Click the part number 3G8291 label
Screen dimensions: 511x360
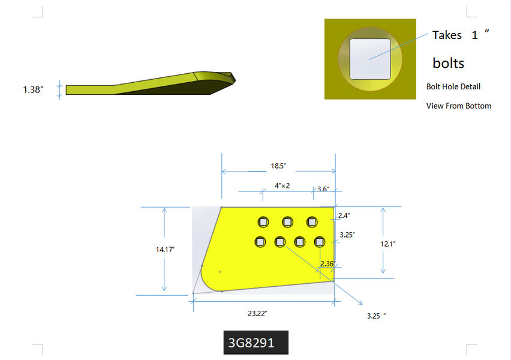(x=251, y=343)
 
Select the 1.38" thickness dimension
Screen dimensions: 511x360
(x=33, y=89)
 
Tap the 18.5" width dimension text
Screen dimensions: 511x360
(x=278, y=166)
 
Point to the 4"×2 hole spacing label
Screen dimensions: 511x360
(x=282, y=185)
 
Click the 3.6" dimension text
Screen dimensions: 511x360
(x=323, y=189)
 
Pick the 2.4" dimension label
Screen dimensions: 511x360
(x=344, y=215)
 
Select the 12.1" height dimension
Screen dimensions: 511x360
(x=388, y=244)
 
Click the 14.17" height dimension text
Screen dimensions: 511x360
(x=165, y=250)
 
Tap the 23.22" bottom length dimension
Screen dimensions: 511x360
(x=257, y=313)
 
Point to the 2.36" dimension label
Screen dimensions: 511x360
(x=328, y=263)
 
